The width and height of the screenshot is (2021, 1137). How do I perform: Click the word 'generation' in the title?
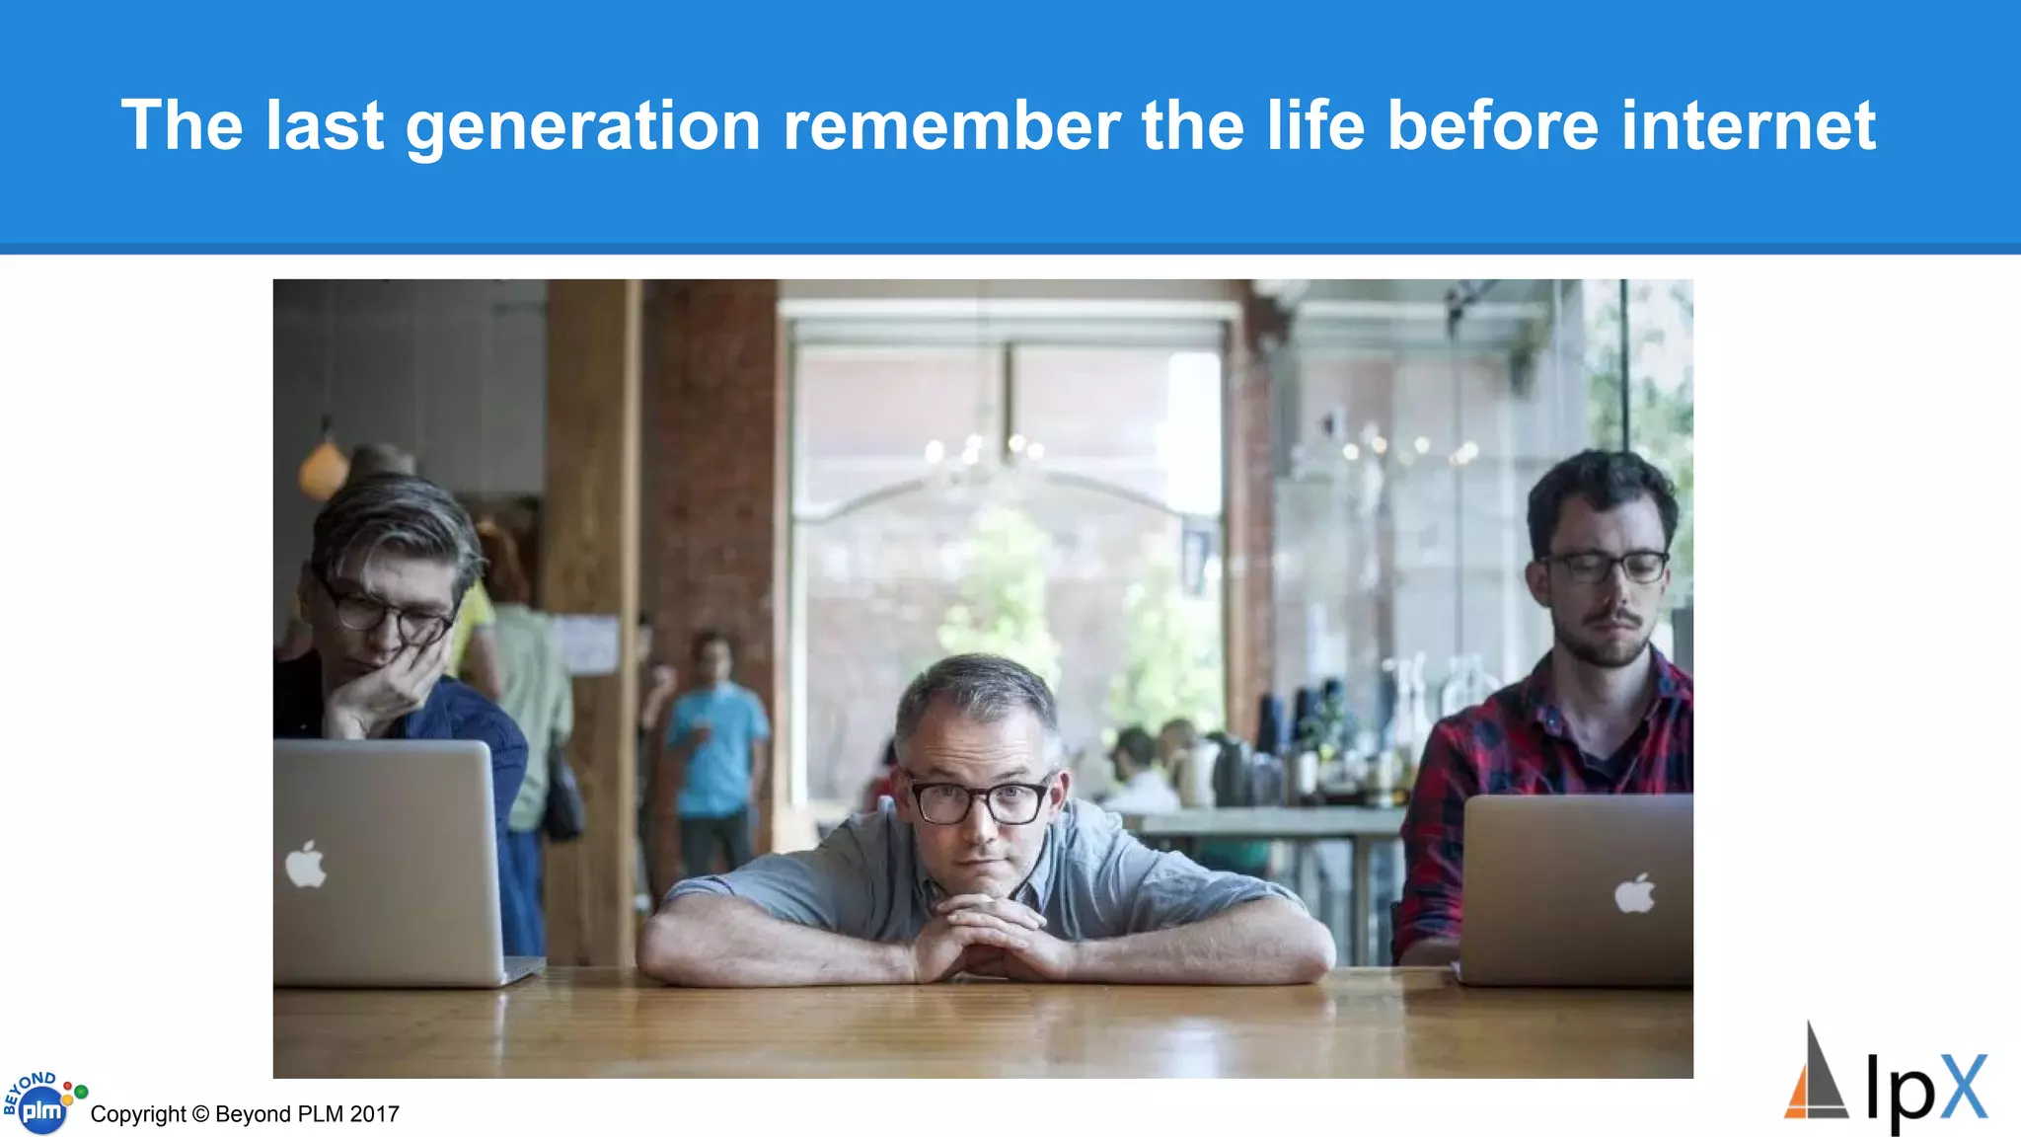(x=582, y=126)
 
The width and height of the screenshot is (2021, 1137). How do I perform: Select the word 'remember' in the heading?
(x=951, y=126)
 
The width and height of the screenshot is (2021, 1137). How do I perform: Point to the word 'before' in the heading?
(x=1492, y=126)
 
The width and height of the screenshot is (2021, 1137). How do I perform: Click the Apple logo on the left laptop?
(x=306, y=865)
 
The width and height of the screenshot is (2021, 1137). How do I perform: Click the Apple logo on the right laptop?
(x=1634, y=894)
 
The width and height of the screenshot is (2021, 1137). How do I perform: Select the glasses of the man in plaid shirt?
(x=1606, y=567)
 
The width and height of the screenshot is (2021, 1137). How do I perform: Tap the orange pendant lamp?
(x=324, y=469)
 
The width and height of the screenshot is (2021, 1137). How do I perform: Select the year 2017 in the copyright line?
(x=374, y=1114)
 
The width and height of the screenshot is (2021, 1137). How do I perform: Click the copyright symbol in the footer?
(x=200, y=1114)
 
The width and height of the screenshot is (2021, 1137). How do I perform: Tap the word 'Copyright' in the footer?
(x=138, y=1114)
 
